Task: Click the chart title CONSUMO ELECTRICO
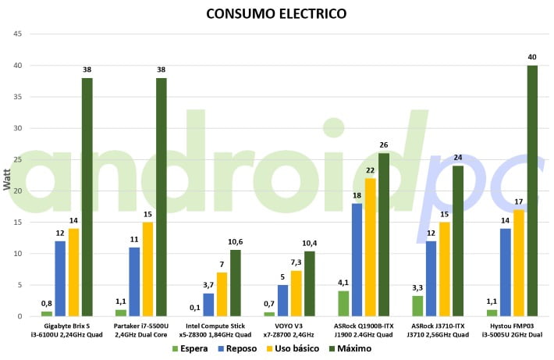[276, 14]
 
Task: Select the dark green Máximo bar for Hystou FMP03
[532, 191]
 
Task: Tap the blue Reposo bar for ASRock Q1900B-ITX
[357, 259]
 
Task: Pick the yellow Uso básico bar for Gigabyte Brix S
[73, 272]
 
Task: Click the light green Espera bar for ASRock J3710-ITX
[417, 305]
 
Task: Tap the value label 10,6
[235, 242]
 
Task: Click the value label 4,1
[343, 283]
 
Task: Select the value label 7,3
[296, 262]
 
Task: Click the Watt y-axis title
[7, 182]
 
